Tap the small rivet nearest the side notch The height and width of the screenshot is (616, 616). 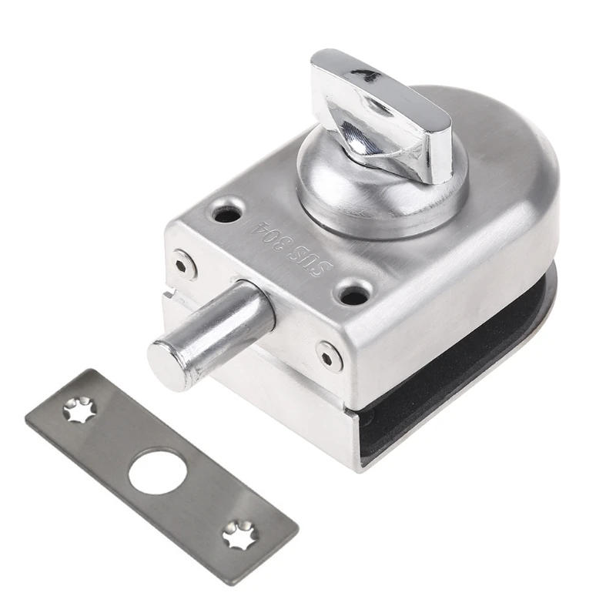coord(183,264)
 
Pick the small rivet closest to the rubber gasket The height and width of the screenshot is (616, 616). coord(330,355)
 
